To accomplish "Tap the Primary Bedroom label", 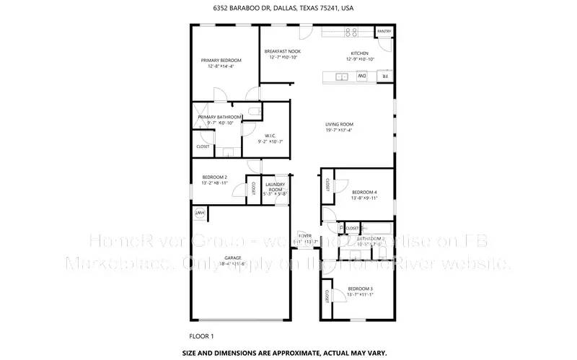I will [221, 60].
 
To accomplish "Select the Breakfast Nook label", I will [283, 51].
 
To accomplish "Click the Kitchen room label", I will [359, 53].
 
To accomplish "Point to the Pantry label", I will [384, 32].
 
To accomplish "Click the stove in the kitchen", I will [352, 32].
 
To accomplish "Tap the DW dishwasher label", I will [362, 76].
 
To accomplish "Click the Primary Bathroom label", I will [219, 117].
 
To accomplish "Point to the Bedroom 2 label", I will [215, 177].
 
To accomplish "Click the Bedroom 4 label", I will [365, 192].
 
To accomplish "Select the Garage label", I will [232, 258].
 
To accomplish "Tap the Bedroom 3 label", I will [361, 289].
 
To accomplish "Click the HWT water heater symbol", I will [198, 214].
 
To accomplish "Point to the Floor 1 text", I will [202, 335].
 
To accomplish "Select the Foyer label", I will [305, 236].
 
